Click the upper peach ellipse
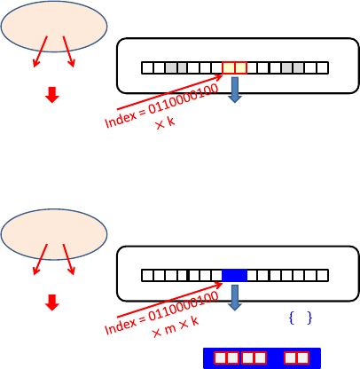tap(54, 27)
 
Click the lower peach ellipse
tap(54, 234)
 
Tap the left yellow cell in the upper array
tap(228, 67)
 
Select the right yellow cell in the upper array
tap(240, 67)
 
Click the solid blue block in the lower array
tap(234, 276)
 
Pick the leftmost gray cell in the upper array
tap(171, 67)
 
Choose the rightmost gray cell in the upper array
tap(299, 67)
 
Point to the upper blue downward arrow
tap(235, 90)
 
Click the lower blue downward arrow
tap(235, 298)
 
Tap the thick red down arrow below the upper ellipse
tap(52, 95)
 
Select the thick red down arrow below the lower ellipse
tap(52, 302)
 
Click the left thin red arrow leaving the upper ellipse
tap(40, 51)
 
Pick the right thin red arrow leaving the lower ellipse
tap(68, 259)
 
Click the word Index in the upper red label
tap(121, 120)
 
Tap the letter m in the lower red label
tap(170, 328)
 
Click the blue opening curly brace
tap(292, 318)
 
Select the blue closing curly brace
tap(309, 318)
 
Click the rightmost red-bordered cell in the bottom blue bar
tap(303, 357)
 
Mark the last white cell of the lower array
tap(323, 276)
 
